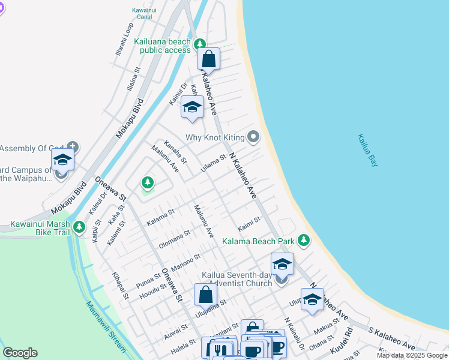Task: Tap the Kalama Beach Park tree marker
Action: coord(304,241)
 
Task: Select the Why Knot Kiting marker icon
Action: coord(254,137)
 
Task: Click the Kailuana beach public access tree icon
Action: coord(200,43)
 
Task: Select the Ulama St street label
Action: coord(213,163)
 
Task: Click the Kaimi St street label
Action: coord(249,224)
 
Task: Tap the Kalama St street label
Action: coord(160,216)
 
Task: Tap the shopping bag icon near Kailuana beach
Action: coord(208,59)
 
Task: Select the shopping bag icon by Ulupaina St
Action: coord(205,295)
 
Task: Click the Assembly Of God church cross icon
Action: coord(73,145)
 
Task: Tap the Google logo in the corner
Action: coord(20,353)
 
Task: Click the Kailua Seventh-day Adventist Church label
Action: coord(237,278)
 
